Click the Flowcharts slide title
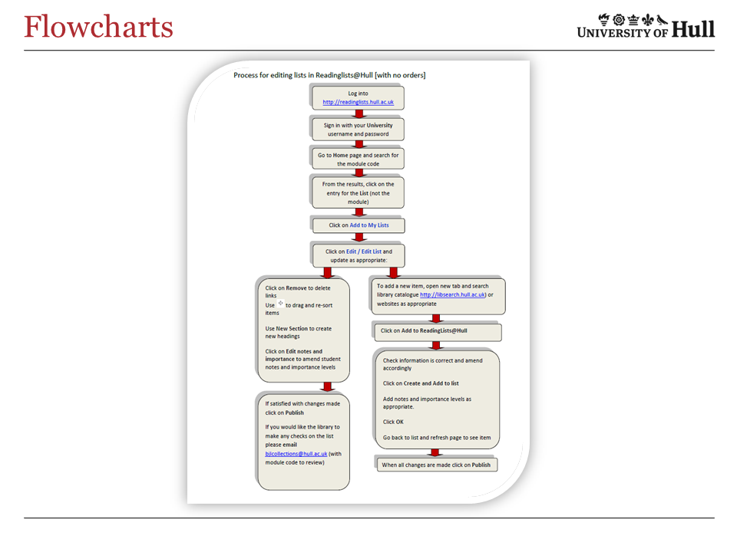tap(98, 27)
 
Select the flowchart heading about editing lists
tap(329, 75)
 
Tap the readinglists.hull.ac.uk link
tap(358, 102)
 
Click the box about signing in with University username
tap(358, 129)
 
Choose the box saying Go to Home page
tap(358, 159)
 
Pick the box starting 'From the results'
tap(358, 192)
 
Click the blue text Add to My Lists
tap(369, 225)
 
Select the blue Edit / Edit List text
tap(364, 251)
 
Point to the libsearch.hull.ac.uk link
tap(453, 294)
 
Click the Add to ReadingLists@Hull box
tap(437, 332)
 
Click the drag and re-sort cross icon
tap(280, 304)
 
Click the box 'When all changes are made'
tap(436, 465)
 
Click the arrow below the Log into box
tap(358, 113)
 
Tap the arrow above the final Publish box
tap(436, 452)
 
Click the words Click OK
tap(393, 422)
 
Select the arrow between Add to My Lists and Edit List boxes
tap(358, 238)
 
